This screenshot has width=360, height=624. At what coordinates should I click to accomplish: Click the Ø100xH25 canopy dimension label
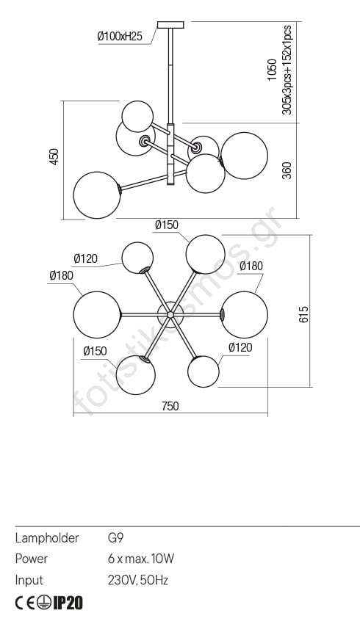pos(120,37)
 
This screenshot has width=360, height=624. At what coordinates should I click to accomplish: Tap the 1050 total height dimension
pos(273,70)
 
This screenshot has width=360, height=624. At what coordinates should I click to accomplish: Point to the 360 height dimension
pos(287,170)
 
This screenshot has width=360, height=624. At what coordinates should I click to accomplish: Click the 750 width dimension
pos(170,406)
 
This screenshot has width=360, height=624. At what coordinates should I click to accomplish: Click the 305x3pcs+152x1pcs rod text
pos(287,70)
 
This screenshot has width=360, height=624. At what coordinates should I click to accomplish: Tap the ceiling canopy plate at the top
pos(171,25)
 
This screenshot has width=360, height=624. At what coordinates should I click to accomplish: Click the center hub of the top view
pos(170,314)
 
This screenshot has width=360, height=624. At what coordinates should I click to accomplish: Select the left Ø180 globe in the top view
pos(97,314)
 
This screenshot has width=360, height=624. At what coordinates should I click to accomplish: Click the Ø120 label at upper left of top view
pos(85,259)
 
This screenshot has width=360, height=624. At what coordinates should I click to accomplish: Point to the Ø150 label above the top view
pos(167,225)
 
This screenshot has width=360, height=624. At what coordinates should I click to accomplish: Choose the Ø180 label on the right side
pos(251,266)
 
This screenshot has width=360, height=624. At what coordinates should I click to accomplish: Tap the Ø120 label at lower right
pos(240,347)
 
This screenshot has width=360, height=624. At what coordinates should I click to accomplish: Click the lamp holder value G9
pos(115,538)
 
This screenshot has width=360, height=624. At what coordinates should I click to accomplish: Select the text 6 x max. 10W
pos(141,559)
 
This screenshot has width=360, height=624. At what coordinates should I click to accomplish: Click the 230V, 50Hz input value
pos(138,580)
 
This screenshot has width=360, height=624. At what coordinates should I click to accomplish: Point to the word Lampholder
pos(47,538)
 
